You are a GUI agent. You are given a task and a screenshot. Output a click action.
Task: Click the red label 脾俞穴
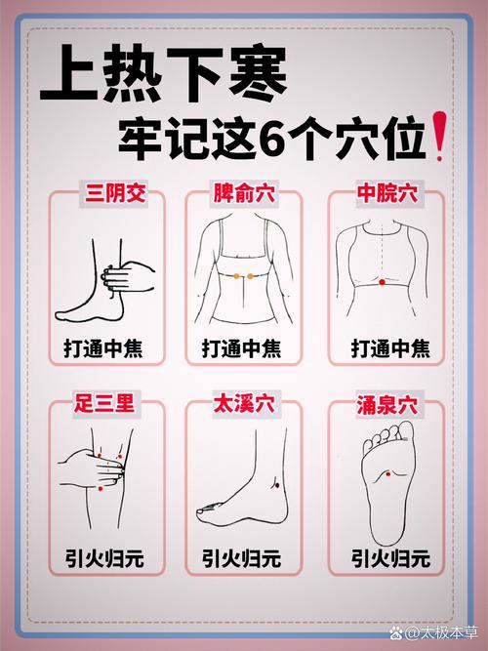click(243, 194)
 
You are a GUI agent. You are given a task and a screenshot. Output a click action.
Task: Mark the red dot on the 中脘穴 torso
click(382, 282)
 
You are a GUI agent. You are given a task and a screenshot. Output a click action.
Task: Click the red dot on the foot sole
click(384, 473)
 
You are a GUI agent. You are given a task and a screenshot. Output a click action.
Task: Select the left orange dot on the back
click(235, 276)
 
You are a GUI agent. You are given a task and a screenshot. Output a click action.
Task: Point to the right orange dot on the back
click(251, 276)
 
